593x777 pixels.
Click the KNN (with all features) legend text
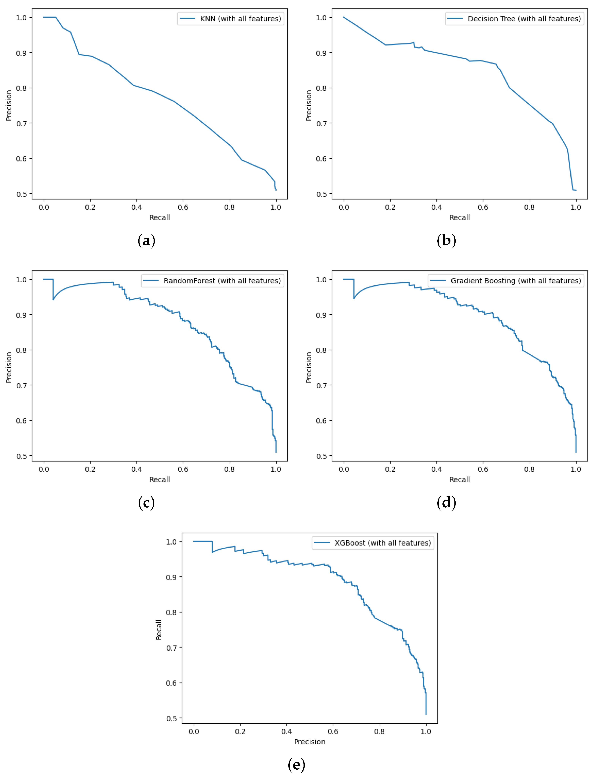[240, 19]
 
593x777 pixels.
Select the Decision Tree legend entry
[524, 19]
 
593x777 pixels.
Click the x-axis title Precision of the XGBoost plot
[310, 742]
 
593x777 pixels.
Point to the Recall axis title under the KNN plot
[160, 217]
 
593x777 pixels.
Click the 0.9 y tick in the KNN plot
[21, 53]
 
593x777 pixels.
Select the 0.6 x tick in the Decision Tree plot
[483, 207]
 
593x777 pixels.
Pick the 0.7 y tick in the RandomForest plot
[21, 386]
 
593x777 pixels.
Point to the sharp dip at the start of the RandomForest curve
[53, 299]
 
